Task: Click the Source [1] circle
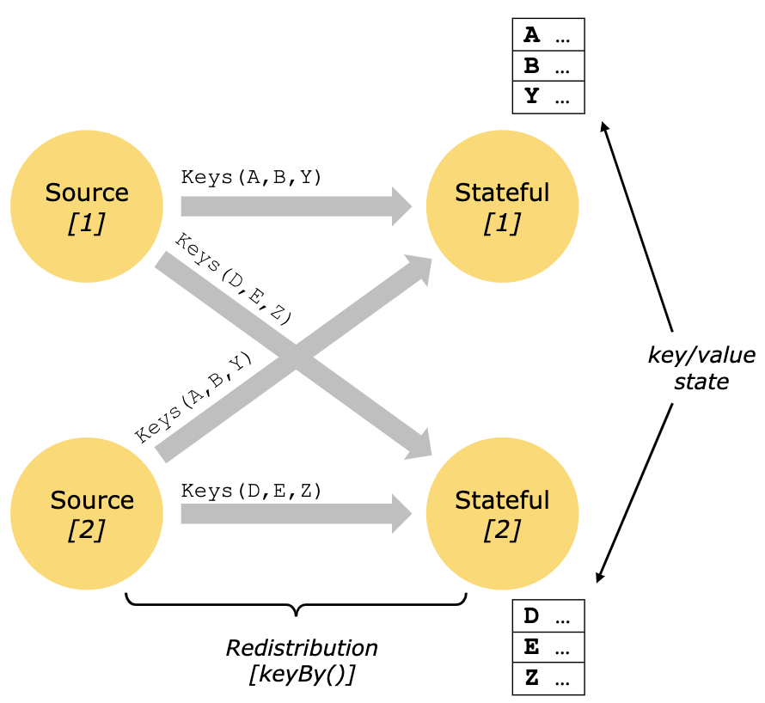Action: pos(87,206)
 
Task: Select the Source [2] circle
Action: pos(87,514)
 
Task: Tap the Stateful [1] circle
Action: pos(502,206)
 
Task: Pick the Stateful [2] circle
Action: pos(502,514)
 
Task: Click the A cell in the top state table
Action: pos(548,35)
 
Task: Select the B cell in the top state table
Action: pos(548,66)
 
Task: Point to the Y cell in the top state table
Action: pos(548,97)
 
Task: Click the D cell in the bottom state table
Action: pos(548,616)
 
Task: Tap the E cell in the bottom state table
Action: pos(548,647)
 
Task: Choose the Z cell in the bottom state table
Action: pos(548,678)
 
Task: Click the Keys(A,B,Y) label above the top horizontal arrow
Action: pos(251,178)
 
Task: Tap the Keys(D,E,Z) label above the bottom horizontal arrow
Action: pos(251,491)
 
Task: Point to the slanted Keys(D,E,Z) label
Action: pos(233,277)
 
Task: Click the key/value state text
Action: pos(701,368)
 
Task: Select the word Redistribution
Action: pos(302,647)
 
